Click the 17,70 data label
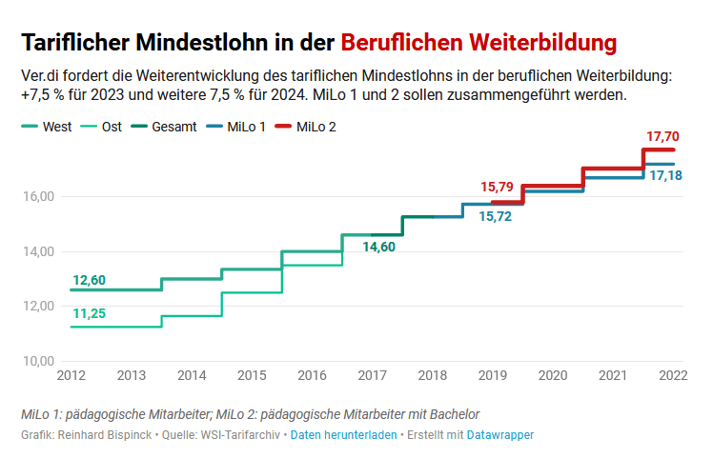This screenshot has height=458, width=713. [662, 137]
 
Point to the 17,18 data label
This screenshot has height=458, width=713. [665, 176]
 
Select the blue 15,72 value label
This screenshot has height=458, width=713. [495, 217]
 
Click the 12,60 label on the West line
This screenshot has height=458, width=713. [89, 280]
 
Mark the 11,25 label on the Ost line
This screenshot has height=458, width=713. [89, 313]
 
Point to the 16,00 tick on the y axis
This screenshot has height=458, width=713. [37, 197]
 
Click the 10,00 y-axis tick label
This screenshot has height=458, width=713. [37, 361]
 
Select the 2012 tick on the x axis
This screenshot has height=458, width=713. [71, 375]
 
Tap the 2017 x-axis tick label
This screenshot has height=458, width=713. [372, 375]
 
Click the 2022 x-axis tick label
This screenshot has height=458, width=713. [673, 375]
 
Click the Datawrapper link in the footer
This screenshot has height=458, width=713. [499, 435]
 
